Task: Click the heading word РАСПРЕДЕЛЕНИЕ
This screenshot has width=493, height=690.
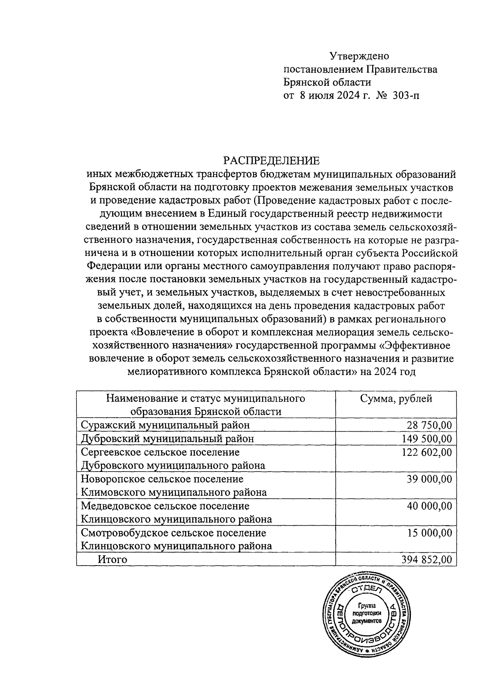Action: tap(271, 161)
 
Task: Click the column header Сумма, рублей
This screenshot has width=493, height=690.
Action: tap(396, 398)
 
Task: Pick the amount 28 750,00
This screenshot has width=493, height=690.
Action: tap(429, 425)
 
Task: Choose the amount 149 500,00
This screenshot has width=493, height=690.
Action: tap(426, 439)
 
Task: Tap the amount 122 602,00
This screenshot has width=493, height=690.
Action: tap(426, 452)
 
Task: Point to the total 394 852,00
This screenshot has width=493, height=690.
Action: tap(426, 559)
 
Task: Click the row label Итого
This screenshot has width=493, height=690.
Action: tap(112, 559)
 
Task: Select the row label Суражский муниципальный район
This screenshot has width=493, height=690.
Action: tap(166, 425)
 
